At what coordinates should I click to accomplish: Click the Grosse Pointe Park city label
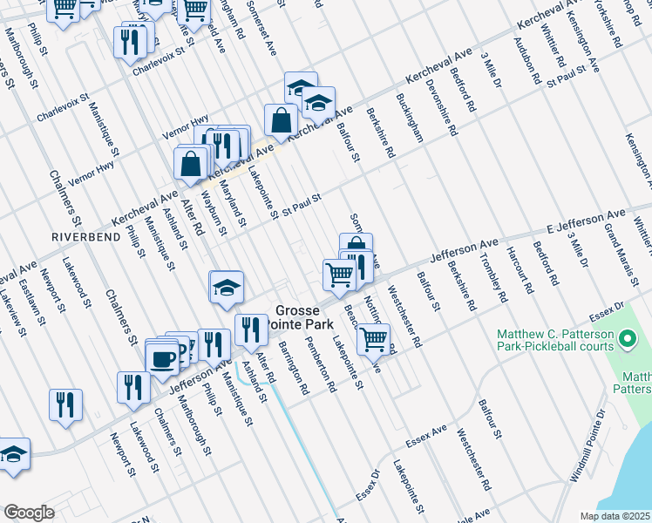pos(301,316)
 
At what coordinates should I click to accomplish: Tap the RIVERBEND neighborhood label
pos(81,237)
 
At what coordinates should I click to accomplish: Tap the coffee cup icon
pos(163,357)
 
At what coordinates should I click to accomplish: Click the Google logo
pos(29,513)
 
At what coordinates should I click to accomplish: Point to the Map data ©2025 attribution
pos(615,516)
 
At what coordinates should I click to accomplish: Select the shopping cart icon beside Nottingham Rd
pos(373,337)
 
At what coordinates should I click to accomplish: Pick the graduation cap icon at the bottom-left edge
pos(14,454)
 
